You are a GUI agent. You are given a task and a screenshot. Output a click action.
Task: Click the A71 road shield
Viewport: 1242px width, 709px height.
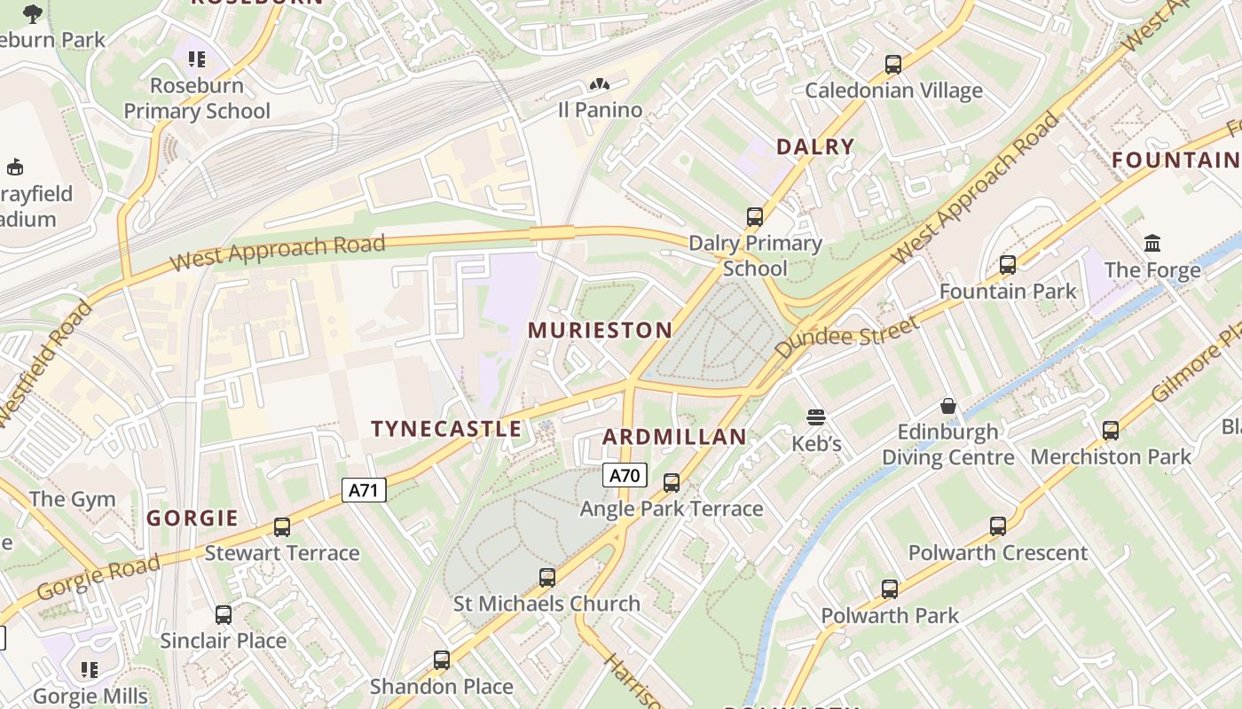(x=365, y=490)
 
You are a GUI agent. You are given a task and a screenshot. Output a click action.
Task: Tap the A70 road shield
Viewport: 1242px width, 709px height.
(x=625, y=475)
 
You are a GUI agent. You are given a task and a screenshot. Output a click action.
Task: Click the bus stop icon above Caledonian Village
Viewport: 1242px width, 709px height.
(x=893, y=65)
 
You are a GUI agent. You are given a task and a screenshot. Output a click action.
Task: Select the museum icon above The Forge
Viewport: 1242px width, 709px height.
(x=1152, y=243)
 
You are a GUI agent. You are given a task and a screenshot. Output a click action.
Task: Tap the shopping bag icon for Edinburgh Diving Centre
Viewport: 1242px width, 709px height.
(x=948, y=406)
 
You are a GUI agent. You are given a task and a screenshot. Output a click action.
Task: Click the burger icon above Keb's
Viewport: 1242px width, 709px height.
(x=816, y=417)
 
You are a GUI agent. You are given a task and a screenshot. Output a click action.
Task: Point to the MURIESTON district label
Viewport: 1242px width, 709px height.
(x=601, y=331)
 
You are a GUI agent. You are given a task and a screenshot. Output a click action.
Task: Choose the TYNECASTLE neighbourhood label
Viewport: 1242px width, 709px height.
(x=446, y=429)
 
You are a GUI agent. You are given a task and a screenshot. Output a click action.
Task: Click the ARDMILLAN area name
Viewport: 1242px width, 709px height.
(x=675, y=437)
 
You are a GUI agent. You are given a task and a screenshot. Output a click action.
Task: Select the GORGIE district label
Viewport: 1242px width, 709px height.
(x=193, y=518)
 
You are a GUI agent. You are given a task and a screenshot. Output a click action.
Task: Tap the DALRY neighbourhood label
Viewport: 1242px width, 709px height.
(x=815, y=147)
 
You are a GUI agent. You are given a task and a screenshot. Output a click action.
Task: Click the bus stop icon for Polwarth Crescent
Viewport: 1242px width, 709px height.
(x=998, y=526)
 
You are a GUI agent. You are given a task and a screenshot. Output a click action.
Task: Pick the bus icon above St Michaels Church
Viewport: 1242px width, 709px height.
(x=547, y=578)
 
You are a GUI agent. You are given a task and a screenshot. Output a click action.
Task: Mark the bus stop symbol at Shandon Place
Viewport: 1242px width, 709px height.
(x=442, y=660)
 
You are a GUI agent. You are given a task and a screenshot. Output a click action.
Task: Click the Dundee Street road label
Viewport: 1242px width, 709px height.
(x=846, y=337)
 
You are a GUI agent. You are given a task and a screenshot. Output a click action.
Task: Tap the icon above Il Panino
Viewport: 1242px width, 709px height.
(x=600, y=85)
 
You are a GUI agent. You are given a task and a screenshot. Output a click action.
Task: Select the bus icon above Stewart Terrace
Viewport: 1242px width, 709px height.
(x=282, y=527)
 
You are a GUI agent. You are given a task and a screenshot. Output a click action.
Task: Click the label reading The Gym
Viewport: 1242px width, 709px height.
(x=73, y=499)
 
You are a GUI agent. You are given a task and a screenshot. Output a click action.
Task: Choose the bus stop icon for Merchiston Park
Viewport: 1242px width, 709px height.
(x=1111, y=431)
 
